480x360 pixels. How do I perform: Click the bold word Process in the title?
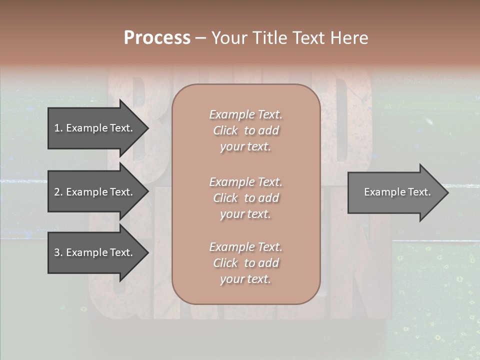click(x=157, y=38)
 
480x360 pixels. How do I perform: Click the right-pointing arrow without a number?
click(x=395, y=192)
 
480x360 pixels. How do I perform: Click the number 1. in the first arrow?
click(x=58, y=128)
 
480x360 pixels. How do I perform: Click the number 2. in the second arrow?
click(x=58, y=192)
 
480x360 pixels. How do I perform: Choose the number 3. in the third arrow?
click(x=58, y=252)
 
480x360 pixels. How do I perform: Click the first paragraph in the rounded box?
click(x=245, y=130)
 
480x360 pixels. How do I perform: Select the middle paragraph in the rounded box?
click(x=245, y=197)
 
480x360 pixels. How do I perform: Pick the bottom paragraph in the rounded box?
click(x=245, y=263)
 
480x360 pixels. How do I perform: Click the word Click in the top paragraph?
click(x=225, y=130)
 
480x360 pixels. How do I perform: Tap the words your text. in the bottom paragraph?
click(x=245, y=279)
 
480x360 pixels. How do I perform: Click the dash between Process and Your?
click(x=200, y=38)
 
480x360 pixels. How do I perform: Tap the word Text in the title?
click(x=307, y=38)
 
